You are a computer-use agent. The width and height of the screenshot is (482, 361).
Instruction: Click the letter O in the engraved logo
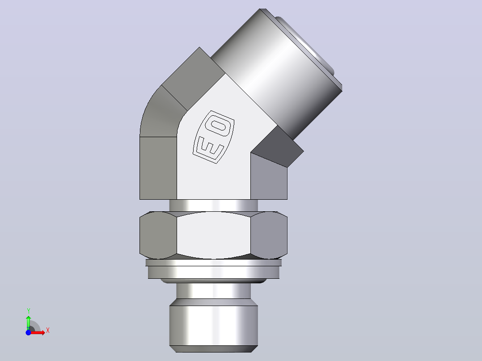218,126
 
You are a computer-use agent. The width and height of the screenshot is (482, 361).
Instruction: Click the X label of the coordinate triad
48,331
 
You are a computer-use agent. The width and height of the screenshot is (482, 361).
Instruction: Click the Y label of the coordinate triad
28,311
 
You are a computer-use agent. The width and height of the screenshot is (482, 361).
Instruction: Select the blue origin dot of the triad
28,332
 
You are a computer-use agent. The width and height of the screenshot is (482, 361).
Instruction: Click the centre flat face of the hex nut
214,235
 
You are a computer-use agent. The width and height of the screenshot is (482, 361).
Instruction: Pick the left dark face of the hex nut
158,235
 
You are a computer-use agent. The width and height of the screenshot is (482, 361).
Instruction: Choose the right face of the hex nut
269,235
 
